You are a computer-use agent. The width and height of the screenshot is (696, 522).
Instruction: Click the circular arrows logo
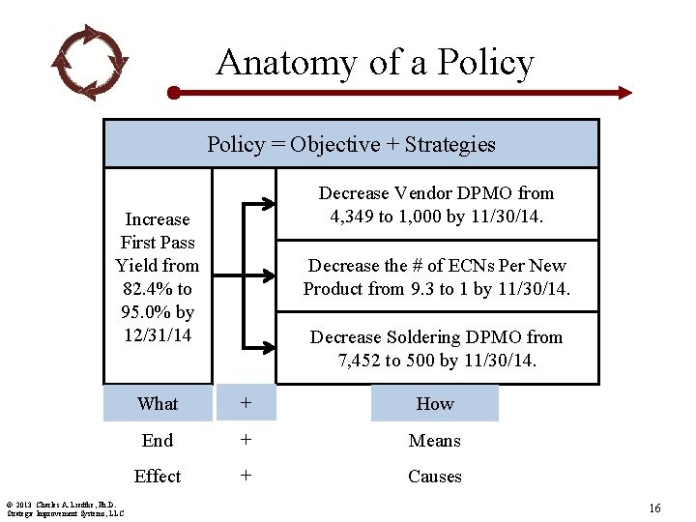(90, 62)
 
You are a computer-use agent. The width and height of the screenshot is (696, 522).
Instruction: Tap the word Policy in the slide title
(485, 63)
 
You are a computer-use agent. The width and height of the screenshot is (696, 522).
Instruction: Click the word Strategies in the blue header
(449, 145)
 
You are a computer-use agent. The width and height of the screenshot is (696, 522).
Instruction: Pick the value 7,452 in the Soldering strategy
(362, 361)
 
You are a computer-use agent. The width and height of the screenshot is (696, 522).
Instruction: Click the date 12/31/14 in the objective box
(158, 334)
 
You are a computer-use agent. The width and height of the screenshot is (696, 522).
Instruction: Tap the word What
(158, 404)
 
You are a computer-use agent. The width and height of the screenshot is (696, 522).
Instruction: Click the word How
(435, 404)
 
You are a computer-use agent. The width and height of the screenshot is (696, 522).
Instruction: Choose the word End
(158, 441)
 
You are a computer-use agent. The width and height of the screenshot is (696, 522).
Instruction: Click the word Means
(435, 441)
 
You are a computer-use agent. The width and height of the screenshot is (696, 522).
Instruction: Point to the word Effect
(158, 477)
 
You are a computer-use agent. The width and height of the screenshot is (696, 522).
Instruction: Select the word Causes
(435, 477)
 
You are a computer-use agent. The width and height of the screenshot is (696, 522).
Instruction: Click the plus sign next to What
(246, 404)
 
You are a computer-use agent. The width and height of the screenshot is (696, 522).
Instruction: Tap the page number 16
(654, 508)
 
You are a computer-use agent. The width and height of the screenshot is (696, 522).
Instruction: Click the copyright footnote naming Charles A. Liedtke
(64, 507)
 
